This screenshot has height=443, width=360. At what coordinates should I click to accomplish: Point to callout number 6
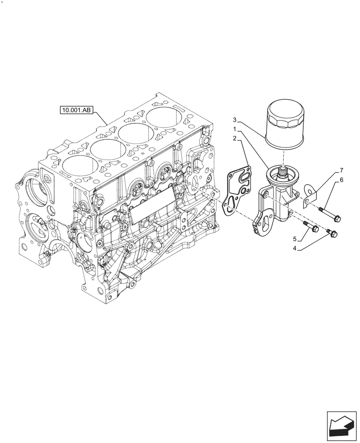click(x=342, y=180)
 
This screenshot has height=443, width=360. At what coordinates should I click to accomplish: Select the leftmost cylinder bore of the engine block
click(x=80, y=166)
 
